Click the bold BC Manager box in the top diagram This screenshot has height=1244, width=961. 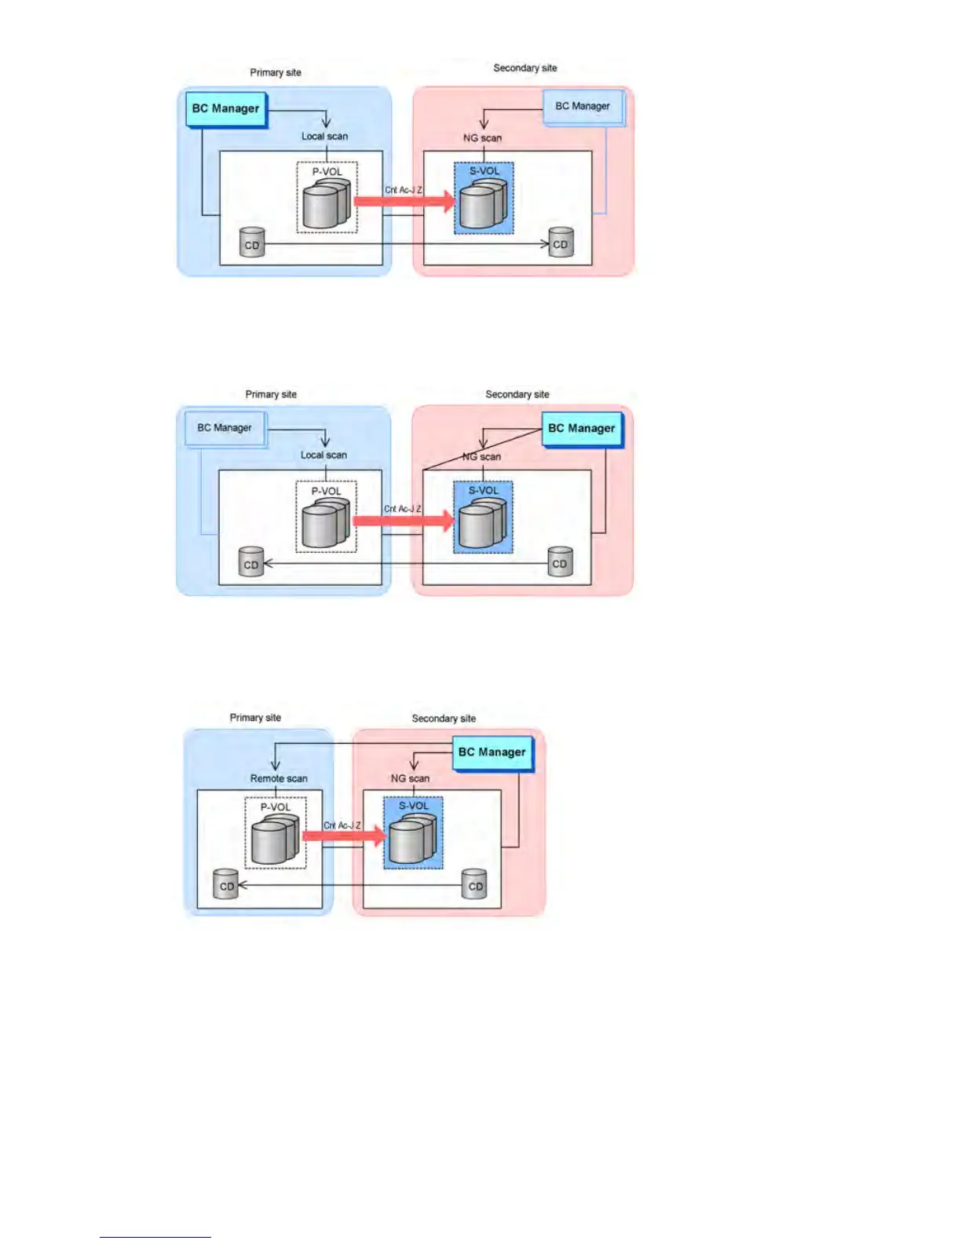226,109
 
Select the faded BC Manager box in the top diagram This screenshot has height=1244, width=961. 583,107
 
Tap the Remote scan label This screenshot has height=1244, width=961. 279,778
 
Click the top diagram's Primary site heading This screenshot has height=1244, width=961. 276,72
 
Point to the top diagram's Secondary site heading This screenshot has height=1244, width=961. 524,68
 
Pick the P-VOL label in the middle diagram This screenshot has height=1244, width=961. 326,491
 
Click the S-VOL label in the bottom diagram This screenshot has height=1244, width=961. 414,806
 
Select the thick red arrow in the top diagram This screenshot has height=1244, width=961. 404,201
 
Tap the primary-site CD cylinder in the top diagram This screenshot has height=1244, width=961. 252,243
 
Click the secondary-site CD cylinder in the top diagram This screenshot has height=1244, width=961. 561,242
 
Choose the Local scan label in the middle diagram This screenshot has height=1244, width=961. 323,455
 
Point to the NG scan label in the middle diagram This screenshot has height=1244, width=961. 481,456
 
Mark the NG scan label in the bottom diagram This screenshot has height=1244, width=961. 410,778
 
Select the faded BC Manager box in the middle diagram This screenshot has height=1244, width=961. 225,429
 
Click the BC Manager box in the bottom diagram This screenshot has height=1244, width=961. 492,752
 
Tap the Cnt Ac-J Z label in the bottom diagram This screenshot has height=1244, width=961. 342,825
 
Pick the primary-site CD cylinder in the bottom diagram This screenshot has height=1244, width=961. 226,884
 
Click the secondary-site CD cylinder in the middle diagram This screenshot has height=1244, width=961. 560,562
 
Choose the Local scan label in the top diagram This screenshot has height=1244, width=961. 324,136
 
